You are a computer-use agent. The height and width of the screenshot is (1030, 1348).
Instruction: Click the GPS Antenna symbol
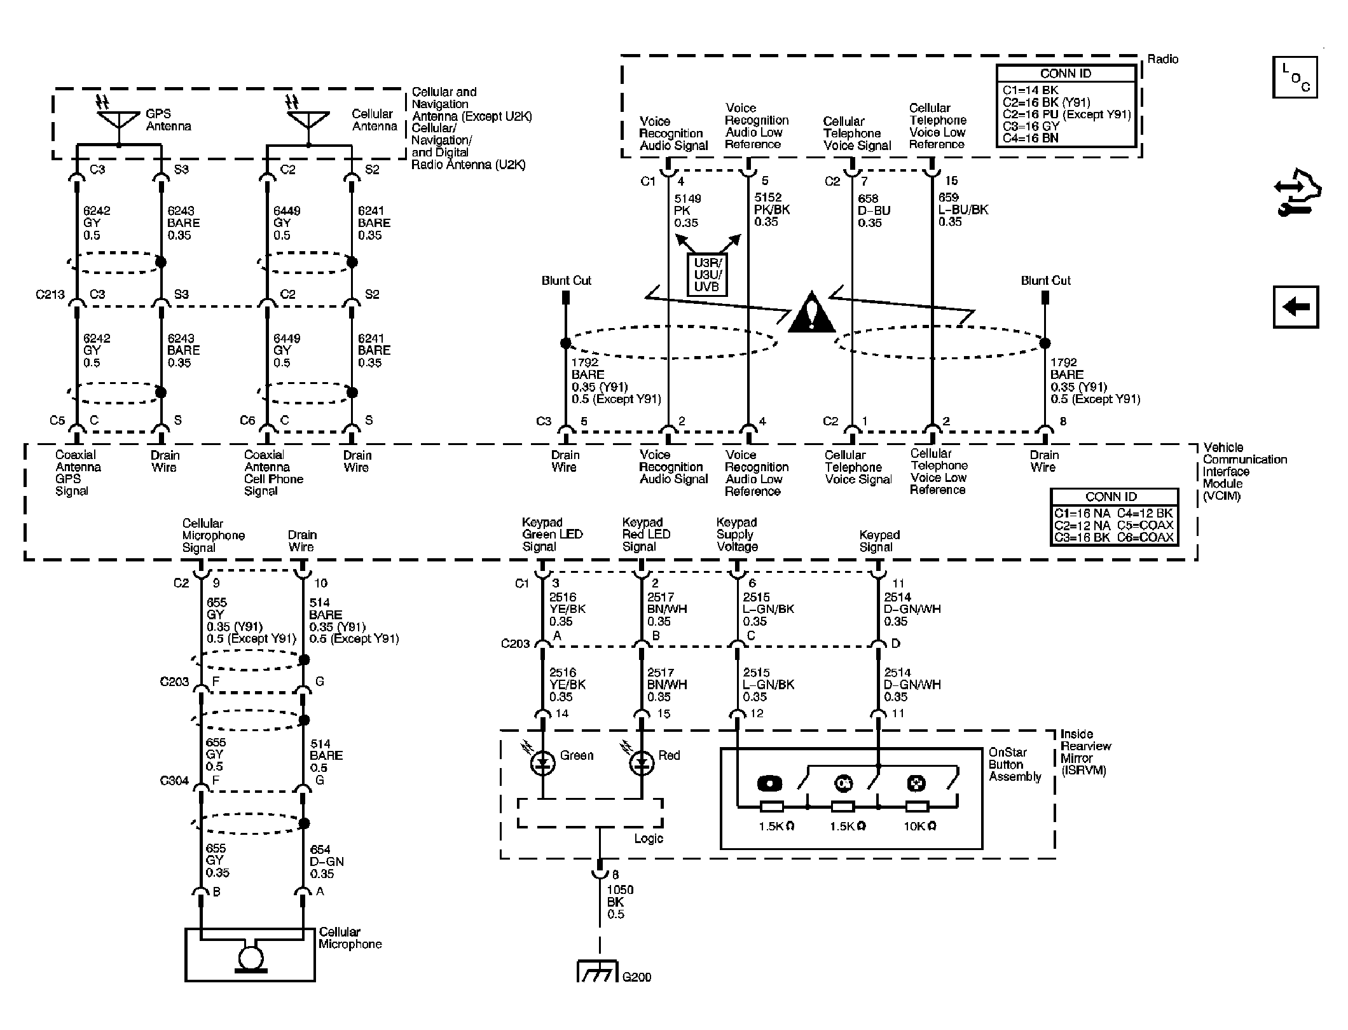pos(119,120)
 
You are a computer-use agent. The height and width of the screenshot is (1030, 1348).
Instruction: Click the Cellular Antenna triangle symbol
pos(308,120)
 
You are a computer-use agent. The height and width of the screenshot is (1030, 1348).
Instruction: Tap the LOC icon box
pos(1295,78)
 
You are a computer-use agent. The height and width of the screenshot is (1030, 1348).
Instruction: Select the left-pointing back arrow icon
pos(1295,307)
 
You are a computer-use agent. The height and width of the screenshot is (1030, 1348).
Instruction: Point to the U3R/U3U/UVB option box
pos(707,275)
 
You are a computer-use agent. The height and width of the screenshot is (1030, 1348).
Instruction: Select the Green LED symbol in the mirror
pos(542,763)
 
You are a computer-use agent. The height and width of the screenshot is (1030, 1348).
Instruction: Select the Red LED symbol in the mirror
pos(642,763)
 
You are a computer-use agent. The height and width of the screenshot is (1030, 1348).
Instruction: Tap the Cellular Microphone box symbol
pos(250,954)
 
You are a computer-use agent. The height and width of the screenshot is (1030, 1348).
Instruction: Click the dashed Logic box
pos(589,813)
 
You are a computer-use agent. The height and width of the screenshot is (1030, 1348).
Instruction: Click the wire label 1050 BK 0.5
pos(619,902)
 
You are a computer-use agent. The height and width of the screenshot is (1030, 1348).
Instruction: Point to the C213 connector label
pos(50,294)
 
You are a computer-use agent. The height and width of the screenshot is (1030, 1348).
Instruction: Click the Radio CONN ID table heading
pos(1065,74)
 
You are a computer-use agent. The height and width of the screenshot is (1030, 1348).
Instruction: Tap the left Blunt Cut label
pos(566,280)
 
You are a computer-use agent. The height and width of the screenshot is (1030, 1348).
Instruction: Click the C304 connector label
pos(174,780)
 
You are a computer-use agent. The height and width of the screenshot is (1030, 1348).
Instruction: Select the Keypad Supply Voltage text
pos(737,534)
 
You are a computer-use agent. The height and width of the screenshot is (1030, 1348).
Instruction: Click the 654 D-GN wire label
pos(326,862)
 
